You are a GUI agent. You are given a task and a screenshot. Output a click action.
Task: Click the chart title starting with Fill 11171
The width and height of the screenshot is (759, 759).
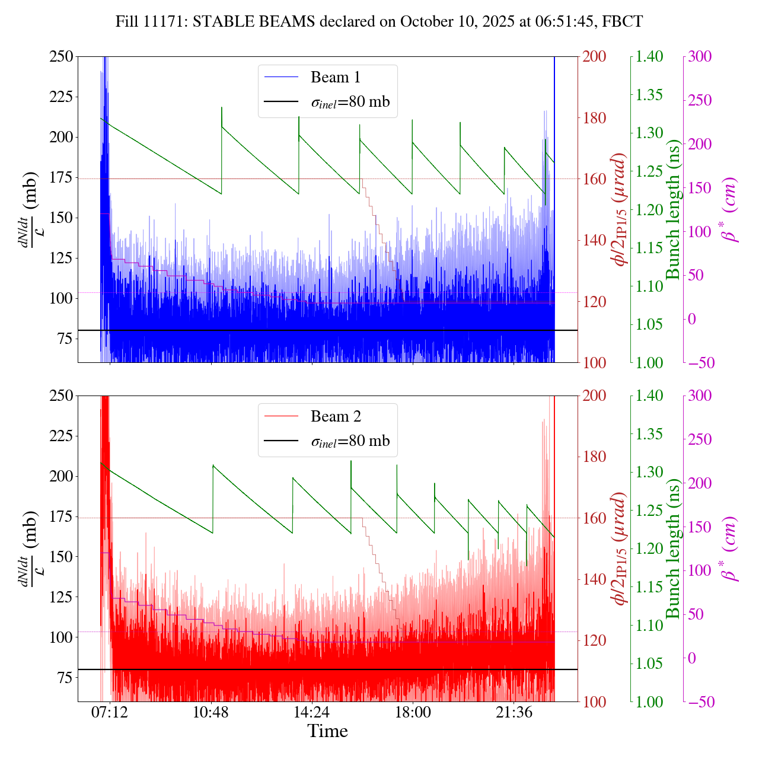tap(379, 22)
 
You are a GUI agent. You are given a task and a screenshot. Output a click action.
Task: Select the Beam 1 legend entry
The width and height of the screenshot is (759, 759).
tap(335, 77)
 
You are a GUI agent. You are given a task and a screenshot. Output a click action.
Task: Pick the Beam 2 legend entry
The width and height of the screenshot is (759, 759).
tap(335, 416)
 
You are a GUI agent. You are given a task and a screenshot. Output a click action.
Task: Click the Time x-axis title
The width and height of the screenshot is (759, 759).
tap(327, 731)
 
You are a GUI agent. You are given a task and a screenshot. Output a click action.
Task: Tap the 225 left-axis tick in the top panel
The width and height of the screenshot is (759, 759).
tap(61, 97)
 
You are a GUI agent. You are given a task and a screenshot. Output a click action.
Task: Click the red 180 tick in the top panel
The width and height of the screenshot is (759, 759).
tap(595, 118)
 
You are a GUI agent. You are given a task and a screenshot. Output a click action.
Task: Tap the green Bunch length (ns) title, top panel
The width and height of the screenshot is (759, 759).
tap(673, 209)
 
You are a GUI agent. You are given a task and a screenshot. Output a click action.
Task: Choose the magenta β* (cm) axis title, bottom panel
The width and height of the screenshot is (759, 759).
tap(730, 548)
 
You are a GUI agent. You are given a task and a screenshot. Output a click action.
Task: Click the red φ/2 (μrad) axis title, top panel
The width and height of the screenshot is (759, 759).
tap(620, 209)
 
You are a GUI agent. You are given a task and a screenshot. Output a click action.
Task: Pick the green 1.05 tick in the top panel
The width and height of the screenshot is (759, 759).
tap(650, 324)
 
